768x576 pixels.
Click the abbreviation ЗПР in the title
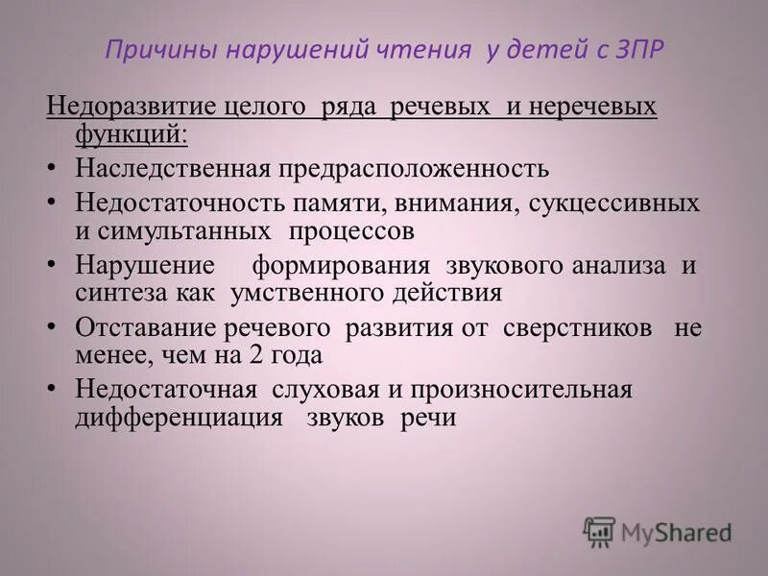tap(637, 50)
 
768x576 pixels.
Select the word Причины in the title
tap(152, 50)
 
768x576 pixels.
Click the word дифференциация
tap(179, 418)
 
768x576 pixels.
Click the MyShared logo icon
tap(599, 531)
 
